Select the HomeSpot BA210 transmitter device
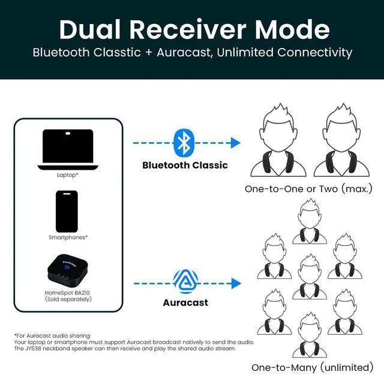coord(68,269)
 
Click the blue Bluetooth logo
coord(183,142)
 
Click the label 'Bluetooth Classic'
coord(185,165)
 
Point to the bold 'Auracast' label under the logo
coord(185,302)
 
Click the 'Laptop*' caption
coord(68,175)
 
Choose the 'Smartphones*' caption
coord(68,237)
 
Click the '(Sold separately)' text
coord(68,299)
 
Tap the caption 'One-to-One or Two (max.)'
coord(308,189)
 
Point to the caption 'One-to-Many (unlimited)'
coord(312,367)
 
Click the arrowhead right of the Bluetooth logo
coord(235,143)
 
